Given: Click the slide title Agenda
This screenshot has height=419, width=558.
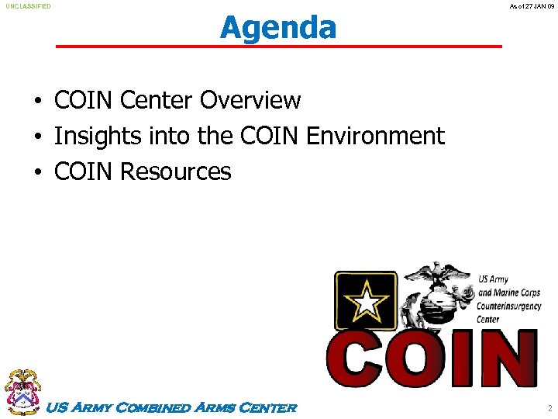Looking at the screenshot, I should coord(278,27).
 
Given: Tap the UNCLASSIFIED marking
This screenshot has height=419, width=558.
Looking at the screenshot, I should coord(29,6).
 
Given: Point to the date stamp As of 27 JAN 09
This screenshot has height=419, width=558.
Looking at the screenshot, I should coord(531,6).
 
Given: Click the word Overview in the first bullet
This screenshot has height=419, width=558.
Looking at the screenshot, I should coord(250,100).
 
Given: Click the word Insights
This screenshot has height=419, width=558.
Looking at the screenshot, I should coord(93,136).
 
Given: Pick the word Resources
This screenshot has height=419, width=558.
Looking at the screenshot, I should coord(176,171).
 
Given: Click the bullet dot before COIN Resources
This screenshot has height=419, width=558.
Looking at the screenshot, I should coord(37,172).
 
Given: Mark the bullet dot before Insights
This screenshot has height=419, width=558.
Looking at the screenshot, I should coord(37,137).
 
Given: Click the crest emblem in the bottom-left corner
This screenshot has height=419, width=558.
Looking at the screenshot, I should coord(22,392).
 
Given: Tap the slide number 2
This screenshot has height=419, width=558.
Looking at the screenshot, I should coord(549,407).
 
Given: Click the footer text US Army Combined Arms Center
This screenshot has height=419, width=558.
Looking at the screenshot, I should coord(172,407).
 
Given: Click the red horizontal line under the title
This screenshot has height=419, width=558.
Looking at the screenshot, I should coord(278,47).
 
